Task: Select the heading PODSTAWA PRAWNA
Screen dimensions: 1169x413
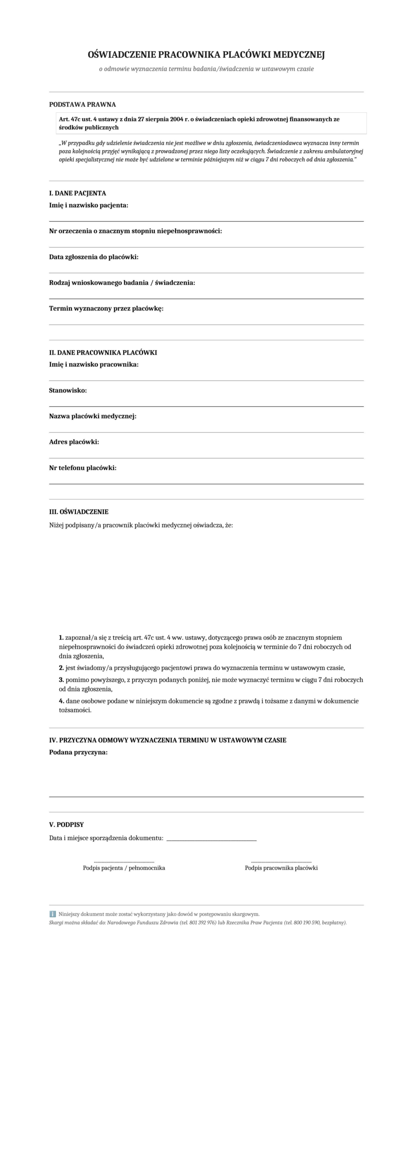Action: point(83,105)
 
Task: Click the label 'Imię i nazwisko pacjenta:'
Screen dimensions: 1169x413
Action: point(89,205)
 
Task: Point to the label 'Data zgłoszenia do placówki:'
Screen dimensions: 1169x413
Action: point(94,257)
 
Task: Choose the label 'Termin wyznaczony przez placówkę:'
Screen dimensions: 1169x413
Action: point(106,309)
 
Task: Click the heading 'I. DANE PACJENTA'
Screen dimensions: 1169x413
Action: point(78,193)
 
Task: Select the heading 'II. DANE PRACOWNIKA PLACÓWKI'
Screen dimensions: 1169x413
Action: point(103,353)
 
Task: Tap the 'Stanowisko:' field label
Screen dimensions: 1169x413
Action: point(68,390)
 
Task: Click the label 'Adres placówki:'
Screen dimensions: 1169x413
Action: point(74,442)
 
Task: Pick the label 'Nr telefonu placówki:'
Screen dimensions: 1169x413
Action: point(83,468)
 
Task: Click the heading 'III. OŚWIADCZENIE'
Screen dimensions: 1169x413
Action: point(79,512)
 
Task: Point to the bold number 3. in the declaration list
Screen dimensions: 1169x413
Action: point(61,680)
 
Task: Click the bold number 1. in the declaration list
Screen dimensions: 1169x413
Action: point(61,638)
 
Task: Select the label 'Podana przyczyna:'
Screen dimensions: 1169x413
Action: point(78,753)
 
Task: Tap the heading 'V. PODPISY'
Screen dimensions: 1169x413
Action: point(67,825)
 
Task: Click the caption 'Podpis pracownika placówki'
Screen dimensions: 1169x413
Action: point(281,868)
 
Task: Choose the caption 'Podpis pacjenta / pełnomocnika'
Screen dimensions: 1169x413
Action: point(124,868)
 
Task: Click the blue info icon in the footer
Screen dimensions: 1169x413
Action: point(52,914)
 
